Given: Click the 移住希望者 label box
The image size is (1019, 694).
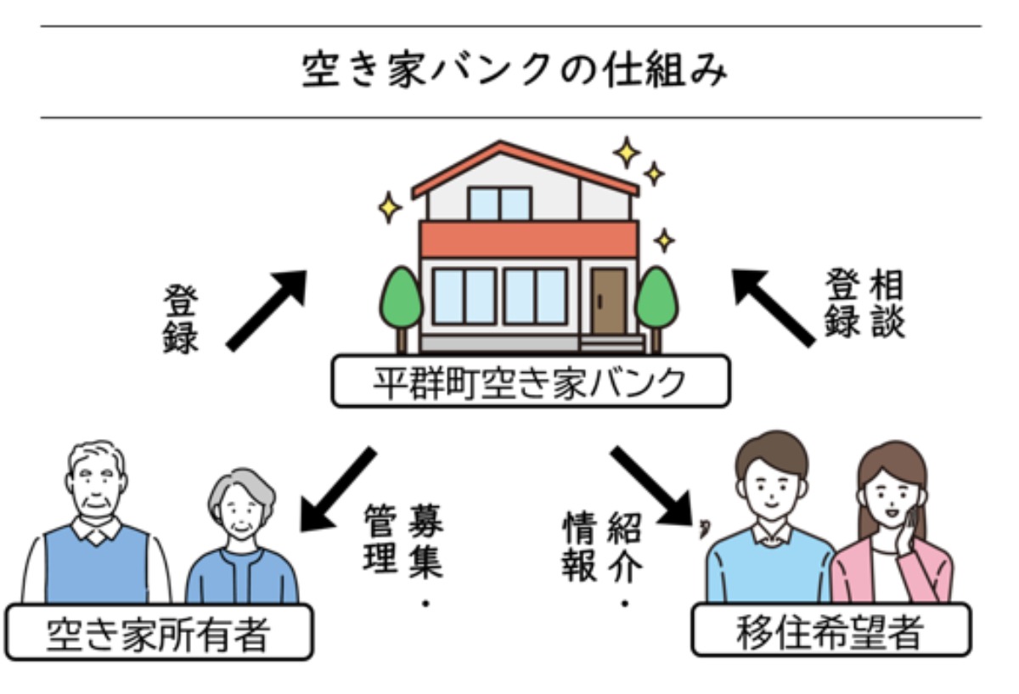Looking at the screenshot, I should pyautogui.click(x=831, y=632).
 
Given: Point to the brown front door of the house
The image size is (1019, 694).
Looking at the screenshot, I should pyautogui.click(x=608, y=301).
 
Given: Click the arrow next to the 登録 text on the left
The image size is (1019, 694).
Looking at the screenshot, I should pyautogui.click(x=267, y=309).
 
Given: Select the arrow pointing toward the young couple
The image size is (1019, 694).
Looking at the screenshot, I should pyautogui.click(x=652, y=488).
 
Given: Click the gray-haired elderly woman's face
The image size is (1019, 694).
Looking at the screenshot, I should pyautogui.click(x=243, y=512).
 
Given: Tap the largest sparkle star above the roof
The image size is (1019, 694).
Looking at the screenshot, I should pyautogui.click(x=627, y=153).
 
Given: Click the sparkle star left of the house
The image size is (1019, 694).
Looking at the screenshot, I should pyautogui.click(x=389, y=206).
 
